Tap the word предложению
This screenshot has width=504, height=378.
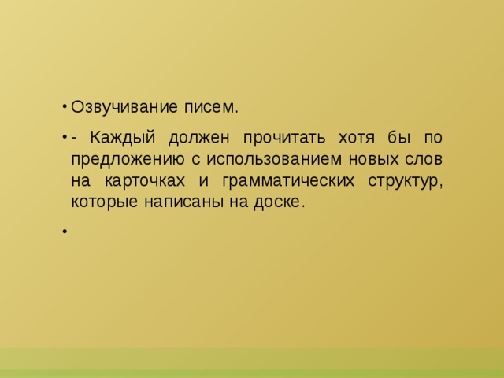pos(125,158)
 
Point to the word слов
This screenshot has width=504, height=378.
pos(426,158)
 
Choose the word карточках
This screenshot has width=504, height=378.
pos(150,180)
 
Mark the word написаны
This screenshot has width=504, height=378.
pos(178,202)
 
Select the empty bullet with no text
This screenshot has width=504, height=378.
pos(62,232)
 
